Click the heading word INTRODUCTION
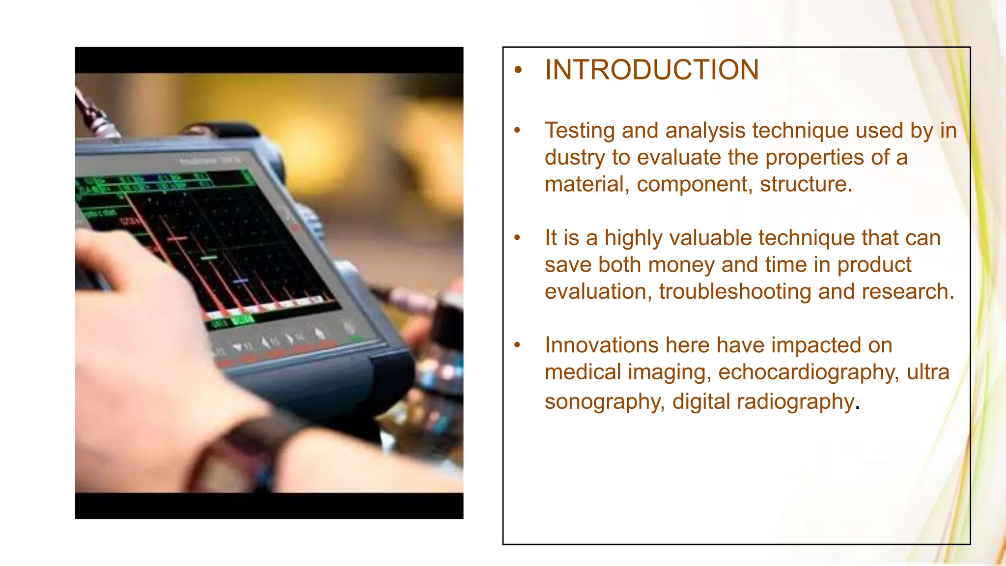coord(652,70)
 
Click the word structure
coord(806,184)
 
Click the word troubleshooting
coord(735,292)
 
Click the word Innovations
coord(601,345)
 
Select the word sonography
coord(605,401)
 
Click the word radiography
coord(796,401)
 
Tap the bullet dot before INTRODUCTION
coord(517,70)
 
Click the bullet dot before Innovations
coord(517,345)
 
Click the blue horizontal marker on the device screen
coord(241,281)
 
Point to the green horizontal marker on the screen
coord(209,257)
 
